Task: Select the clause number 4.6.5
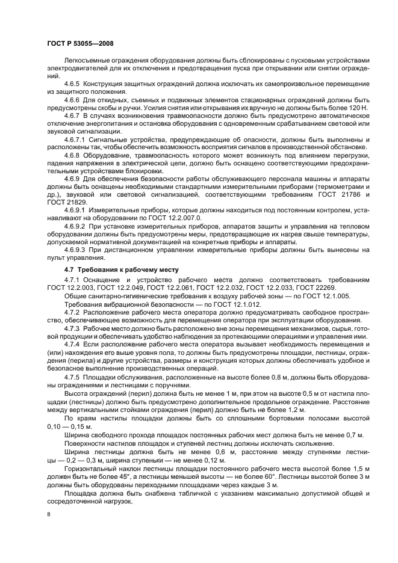coord(73,84)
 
